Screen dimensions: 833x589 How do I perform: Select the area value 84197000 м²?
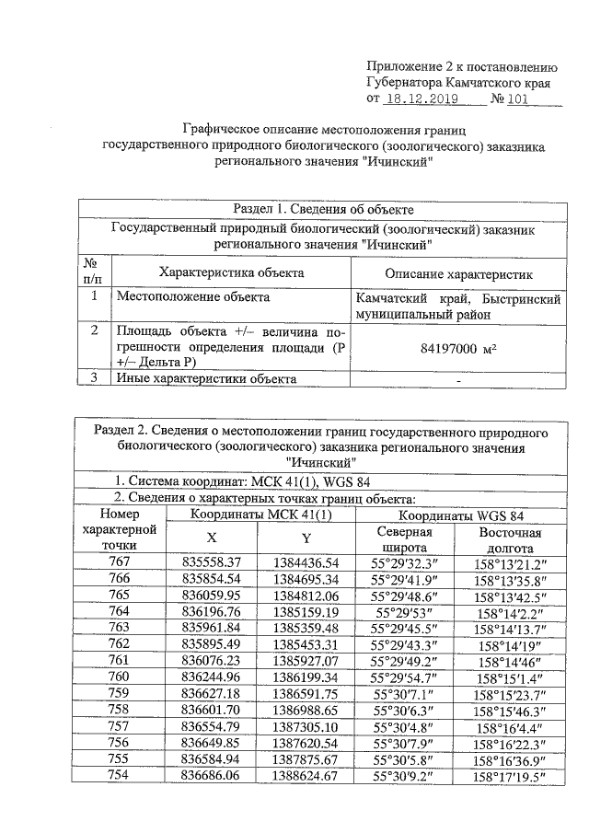[x=458, y=350]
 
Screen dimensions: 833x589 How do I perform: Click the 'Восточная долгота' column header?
[x=510, y=540]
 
